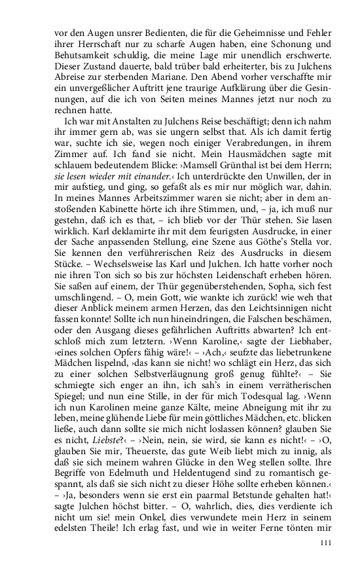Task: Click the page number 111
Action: [x=327, y=543]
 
